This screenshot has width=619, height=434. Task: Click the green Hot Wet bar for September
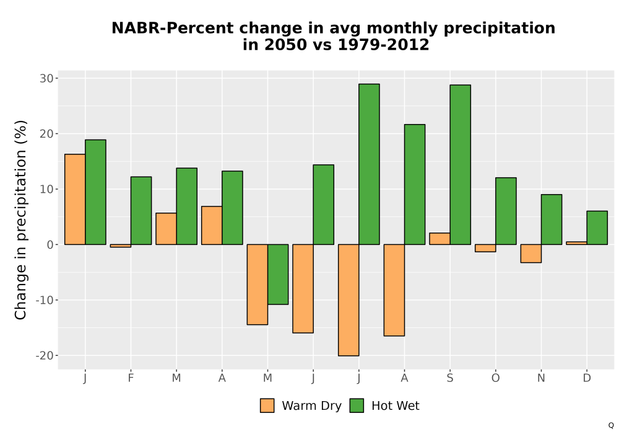point(461,164)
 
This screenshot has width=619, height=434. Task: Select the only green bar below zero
point(278,274)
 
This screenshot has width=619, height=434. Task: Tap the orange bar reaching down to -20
point(348,300)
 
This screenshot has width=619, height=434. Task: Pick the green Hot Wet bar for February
point(141,211)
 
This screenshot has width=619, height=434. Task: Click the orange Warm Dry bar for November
point(531,254)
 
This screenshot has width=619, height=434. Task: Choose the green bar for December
point(597,228)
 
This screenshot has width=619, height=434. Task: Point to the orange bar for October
point(485,248)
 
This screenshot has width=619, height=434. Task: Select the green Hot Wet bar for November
point(552,219)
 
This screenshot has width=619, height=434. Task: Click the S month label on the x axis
point(450,378)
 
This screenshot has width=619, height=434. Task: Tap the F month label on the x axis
point(131,378)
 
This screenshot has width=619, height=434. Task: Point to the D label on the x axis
point(587,378)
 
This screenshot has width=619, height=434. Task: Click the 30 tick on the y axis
point(46,78)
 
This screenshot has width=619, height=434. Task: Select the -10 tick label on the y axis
point(44,300)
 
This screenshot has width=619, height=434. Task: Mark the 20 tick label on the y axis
point(46,133)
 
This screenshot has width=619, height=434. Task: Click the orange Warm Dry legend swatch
point(267,405)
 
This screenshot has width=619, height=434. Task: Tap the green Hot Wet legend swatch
point(357,405)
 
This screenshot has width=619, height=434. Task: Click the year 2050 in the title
point(285,45)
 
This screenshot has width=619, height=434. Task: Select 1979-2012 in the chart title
point(383,45)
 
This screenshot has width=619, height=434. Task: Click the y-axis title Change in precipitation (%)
point(20,219)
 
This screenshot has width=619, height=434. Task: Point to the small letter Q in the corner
point(611,425)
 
